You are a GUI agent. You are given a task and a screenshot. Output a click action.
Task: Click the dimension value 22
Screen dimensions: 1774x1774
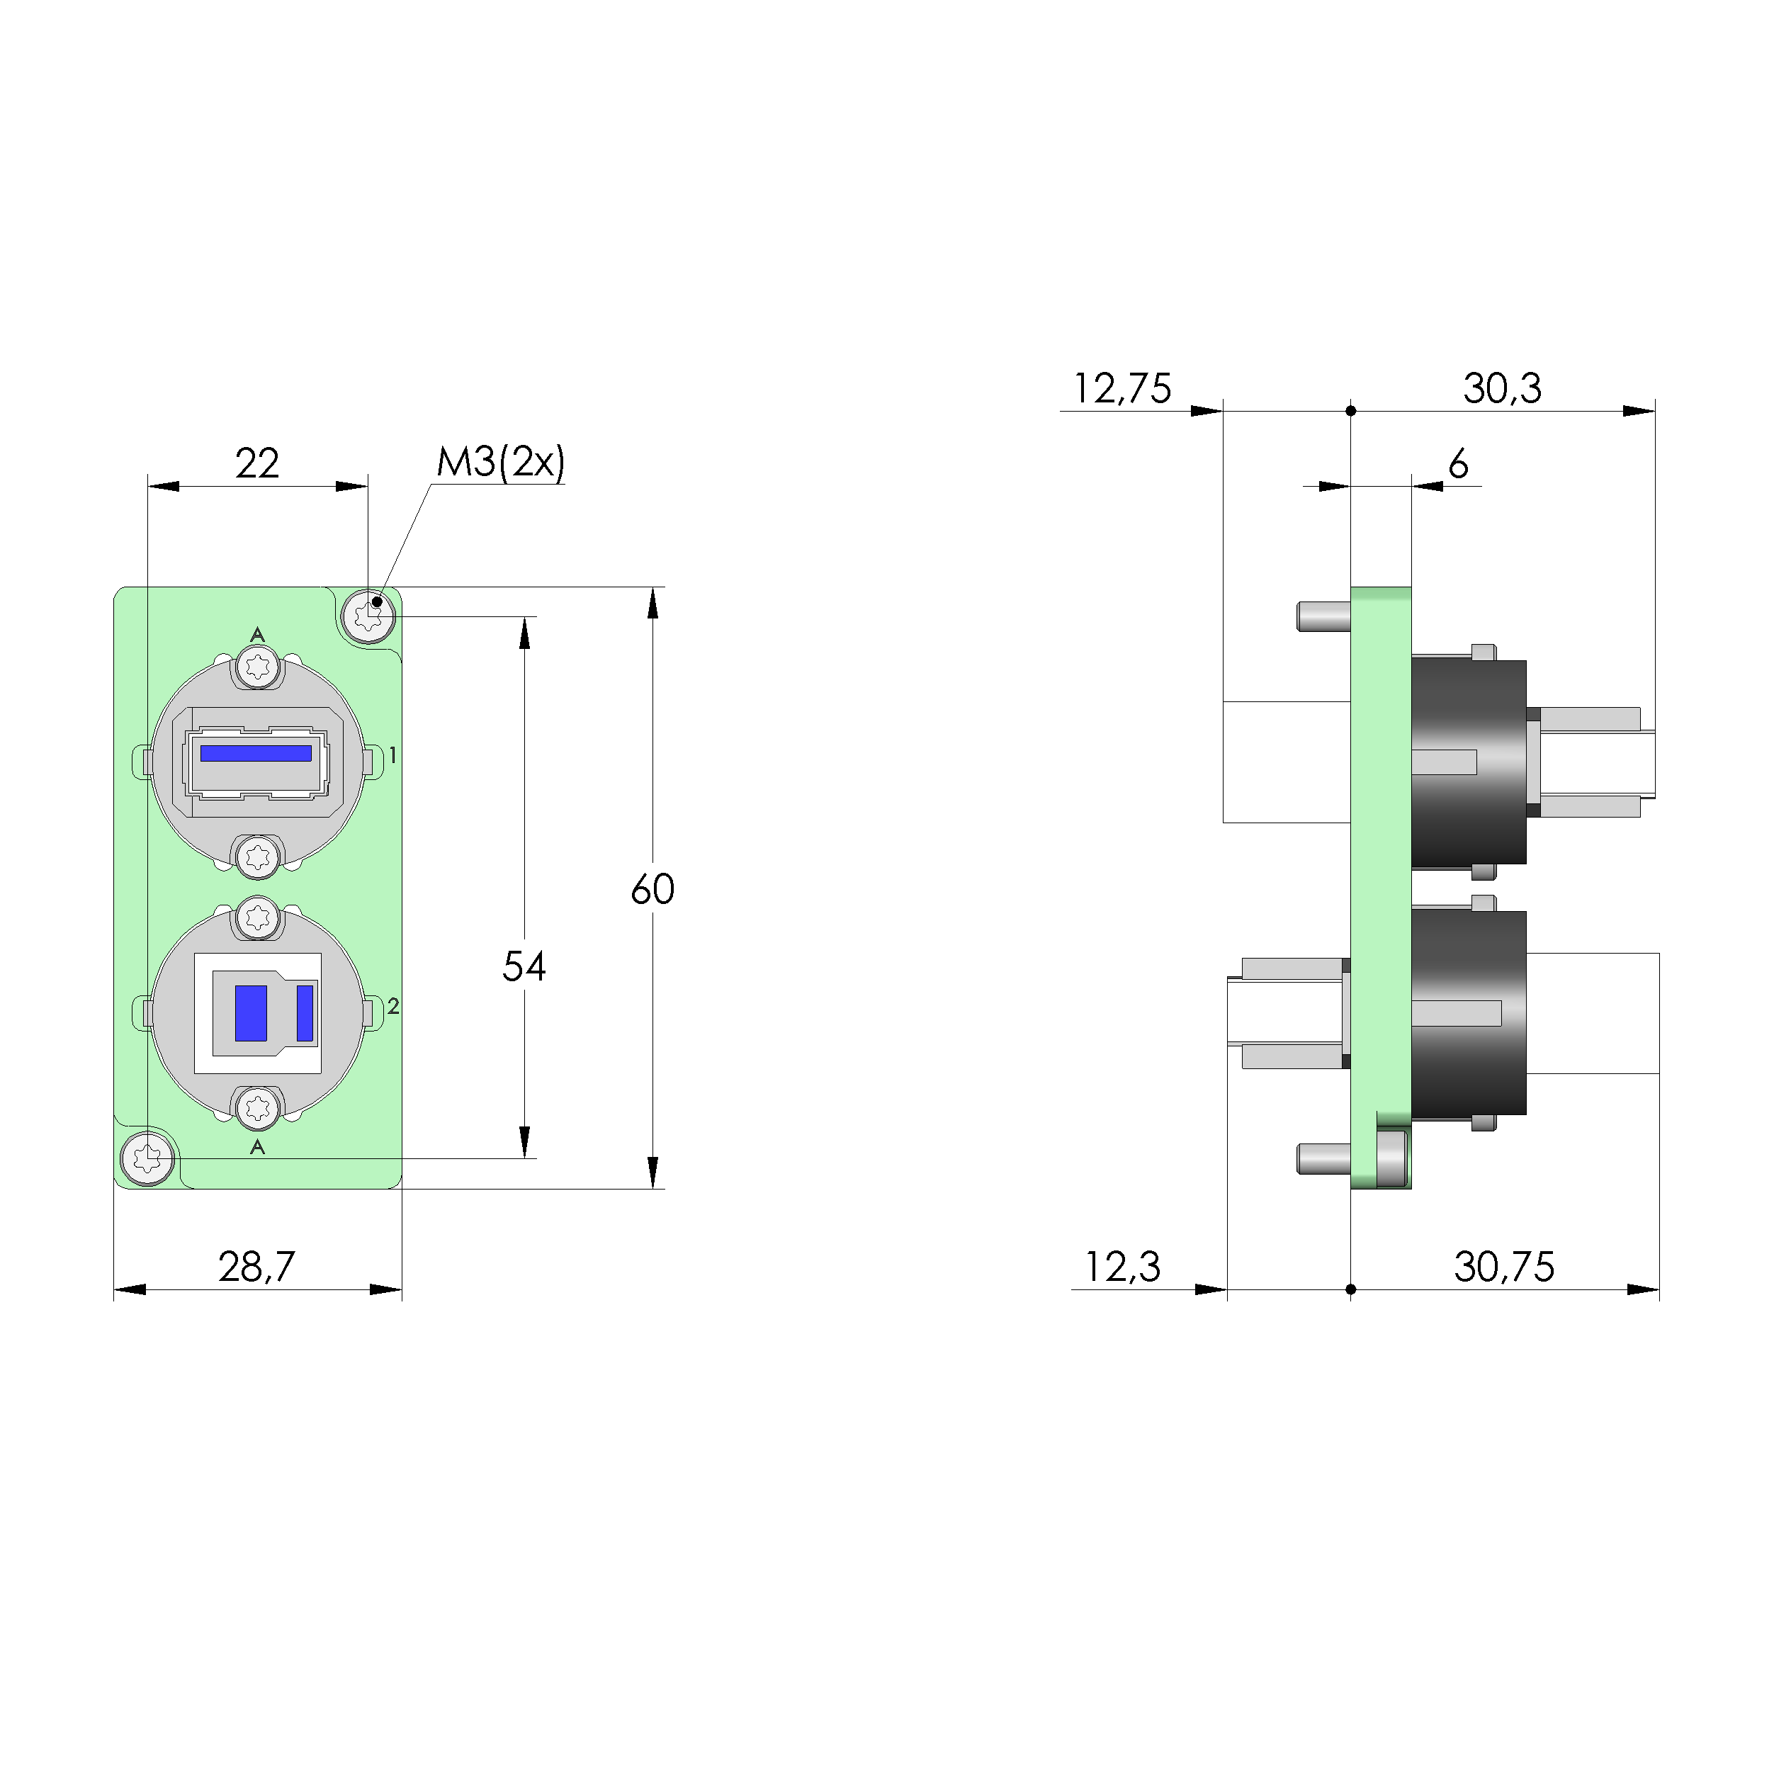tap(257, 464)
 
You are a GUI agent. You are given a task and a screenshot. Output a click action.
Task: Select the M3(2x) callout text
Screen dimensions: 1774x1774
tap(500, 462)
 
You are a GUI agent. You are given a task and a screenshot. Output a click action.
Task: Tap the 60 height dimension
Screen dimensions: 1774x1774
tap(653, 889)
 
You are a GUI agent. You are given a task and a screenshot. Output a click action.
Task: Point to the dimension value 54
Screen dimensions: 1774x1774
tap(524, 966)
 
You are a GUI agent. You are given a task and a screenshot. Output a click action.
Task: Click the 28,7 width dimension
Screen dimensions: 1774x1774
tap(257, 1267)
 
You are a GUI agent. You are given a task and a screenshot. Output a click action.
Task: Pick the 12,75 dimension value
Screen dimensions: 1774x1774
tap(1122, 388)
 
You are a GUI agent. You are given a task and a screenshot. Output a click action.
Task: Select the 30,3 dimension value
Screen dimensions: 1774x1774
tap(1502, 388)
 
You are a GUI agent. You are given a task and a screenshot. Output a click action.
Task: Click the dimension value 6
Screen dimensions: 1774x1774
tap(1458, 465)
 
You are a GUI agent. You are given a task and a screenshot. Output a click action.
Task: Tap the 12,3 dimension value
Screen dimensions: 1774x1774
tap(1122, 1267)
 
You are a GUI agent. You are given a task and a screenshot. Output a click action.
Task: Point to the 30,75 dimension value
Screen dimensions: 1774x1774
tap(1504, 1267)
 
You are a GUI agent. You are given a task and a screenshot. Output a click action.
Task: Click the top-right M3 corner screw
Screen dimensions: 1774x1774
tap(369, 615)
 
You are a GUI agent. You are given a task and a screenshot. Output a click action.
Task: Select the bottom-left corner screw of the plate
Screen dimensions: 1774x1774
tap(148, 1159)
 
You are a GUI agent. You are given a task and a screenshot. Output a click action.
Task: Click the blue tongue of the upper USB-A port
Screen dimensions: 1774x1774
tap(256, 753)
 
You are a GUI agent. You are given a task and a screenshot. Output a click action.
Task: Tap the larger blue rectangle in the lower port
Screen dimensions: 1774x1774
tap(251, 1013)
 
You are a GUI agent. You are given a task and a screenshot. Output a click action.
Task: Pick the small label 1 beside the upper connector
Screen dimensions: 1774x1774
tap(393, 756)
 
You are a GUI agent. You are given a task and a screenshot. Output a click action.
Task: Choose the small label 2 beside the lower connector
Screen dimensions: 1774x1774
tap(393, 1006)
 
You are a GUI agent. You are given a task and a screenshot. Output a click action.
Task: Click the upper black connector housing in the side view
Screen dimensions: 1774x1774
tap(1467, 762)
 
